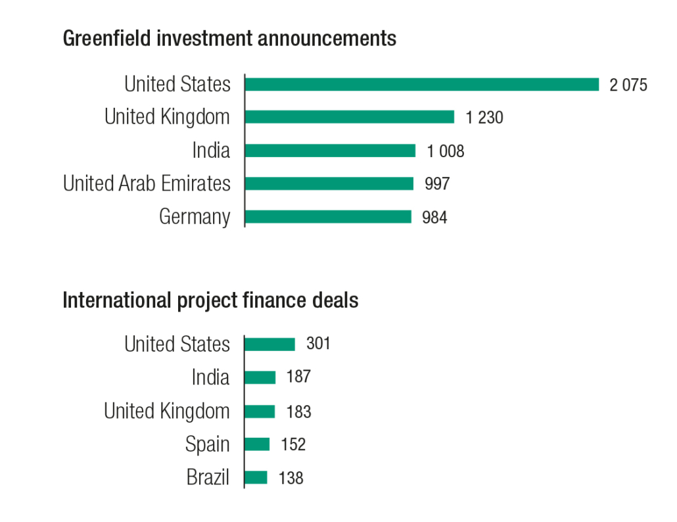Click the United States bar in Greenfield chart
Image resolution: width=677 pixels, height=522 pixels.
pos(421,84)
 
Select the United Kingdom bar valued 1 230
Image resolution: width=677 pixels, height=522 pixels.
pos(349,117)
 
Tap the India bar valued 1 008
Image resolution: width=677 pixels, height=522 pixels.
pos(330,151)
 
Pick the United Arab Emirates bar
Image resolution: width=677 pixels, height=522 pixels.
pos(329,183)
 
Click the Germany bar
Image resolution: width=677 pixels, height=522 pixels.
pos(327,217)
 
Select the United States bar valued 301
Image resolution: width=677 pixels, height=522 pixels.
pos(269,344)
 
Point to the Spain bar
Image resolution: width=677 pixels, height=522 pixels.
pos(257,444)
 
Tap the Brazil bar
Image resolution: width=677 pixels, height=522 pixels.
pos(256,477)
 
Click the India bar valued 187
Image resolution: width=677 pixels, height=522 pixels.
pos(260,377)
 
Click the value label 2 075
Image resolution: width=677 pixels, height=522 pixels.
pos(628,85)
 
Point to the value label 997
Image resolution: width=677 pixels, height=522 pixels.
pos(437,184)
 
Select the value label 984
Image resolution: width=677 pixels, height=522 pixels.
pos(434,218)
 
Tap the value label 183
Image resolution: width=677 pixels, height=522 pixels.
pos(298,412)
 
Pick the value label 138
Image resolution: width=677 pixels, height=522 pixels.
pos(291,478)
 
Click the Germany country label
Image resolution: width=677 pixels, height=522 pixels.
pos(195,217)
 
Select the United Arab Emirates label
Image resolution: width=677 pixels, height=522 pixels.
pos(147,183)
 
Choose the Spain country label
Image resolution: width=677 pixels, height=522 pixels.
pos(207,444)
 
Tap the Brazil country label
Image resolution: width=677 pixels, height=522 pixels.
pos(208,477)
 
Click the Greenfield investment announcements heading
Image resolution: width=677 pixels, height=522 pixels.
pos(229,39)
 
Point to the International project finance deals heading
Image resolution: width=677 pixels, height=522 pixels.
pos(210,300)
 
